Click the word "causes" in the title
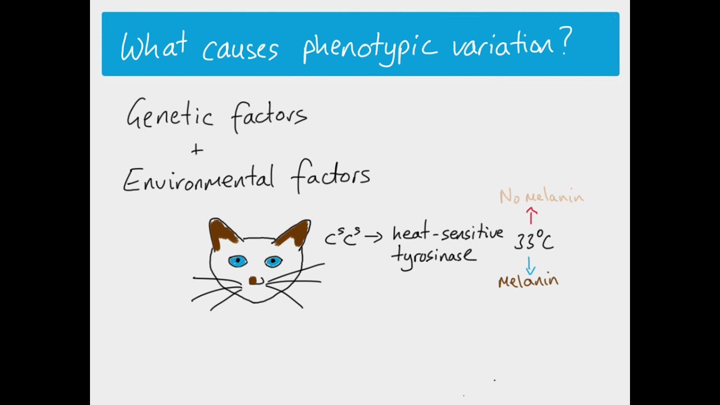point(240,48)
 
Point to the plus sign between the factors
point(196,150)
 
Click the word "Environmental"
point(198,178)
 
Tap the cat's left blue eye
point(237,261)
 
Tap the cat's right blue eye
point(273,261)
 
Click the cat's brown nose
point(253,280)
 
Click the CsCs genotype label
point(342,237)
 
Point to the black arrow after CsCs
point(373,237)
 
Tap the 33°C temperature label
point(533,241)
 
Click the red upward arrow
point(532,215)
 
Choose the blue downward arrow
point(530,265)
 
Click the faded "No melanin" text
point(541,196)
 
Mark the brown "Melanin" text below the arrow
point(528,281)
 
